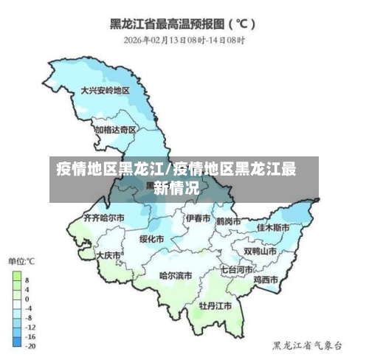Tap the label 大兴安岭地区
point(105,90)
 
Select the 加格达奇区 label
point(115,129)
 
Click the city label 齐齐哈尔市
point(103,218)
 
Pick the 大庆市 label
point(108,255)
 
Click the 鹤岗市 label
point(230,220)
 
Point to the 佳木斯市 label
point(273,227)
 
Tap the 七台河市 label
point(238,270)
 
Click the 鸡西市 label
point(266,280)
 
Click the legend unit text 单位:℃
point(22,262)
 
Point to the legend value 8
point(27,280)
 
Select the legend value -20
point(30,345)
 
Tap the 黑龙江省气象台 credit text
point(307,345)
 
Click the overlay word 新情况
point(176,187)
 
